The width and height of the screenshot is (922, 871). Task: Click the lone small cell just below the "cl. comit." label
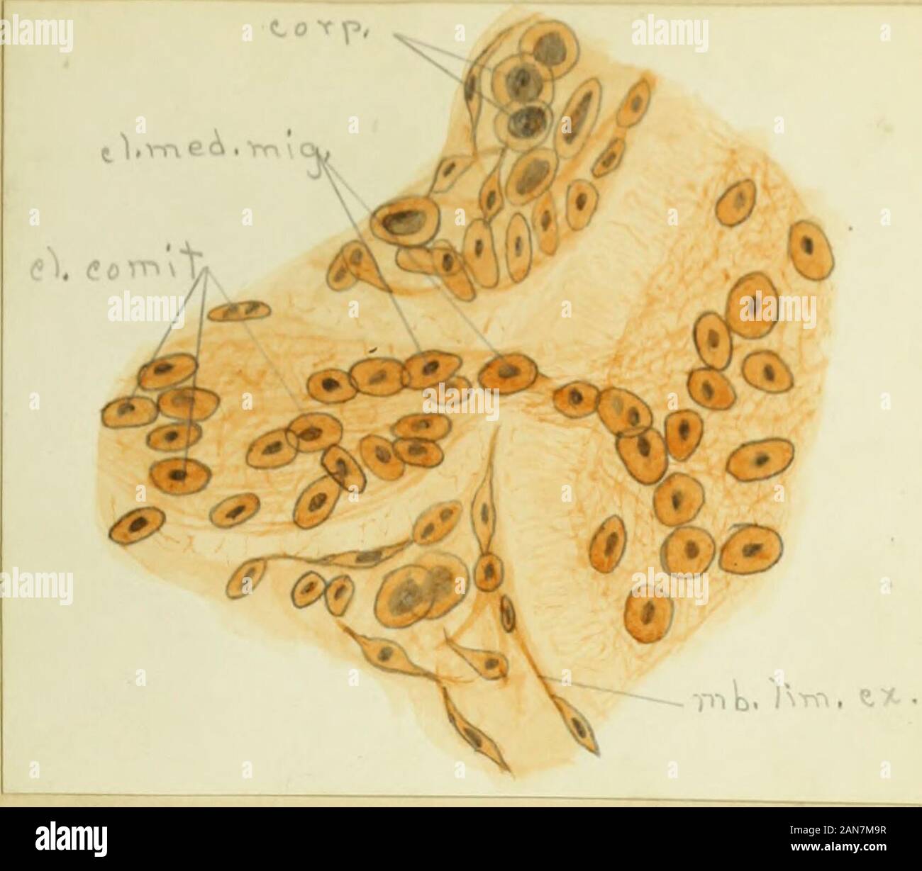click(x=239, y=310)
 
